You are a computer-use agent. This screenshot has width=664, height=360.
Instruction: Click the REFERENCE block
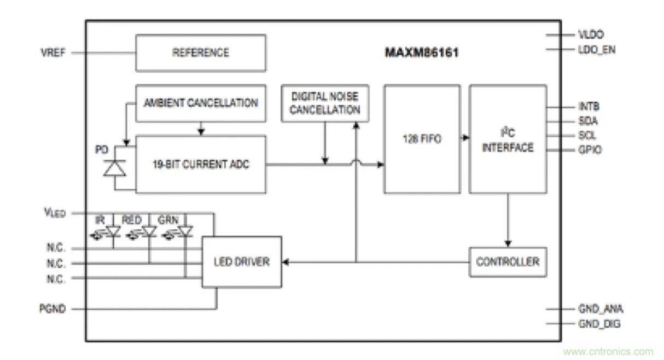coord(200,53)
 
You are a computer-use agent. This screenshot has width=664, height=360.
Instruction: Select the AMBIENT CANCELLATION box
coord(200,103)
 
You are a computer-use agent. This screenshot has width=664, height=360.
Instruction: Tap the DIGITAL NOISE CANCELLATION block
coord(325,103)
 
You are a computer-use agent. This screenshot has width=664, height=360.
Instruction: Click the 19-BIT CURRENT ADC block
coord(200,164)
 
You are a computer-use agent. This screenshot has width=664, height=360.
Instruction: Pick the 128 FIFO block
coord(421,139)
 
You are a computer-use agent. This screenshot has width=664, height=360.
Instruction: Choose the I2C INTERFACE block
coord(508,139)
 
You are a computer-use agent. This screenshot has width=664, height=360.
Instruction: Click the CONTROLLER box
coord(508,262)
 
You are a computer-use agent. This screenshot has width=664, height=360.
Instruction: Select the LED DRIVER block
coord(241,262)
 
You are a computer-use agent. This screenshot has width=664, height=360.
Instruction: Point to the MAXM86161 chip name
coord(421,53)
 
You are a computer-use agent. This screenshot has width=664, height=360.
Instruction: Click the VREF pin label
coord(53,53)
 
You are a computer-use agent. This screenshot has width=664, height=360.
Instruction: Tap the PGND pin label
coord(53,309)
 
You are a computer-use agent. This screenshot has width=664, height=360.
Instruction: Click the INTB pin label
coord(589,106)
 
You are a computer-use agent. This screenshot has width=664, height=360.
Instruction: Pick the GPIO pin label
coord(590,149)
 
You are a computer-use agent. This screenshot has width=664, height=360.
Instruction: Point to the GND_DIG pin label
coord(599,324)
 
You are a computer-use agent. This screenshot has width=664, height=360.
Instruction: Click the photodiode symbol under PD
coord(115,167)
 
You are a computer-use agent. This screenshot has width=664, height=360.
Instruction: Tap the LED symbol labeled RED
coord(148,232)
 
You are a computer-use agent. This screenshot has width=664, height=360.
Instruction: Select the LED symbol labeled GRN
coord(185,232)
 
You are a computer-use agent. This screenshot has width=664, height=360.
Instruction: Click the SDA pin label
coord(588,121)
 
